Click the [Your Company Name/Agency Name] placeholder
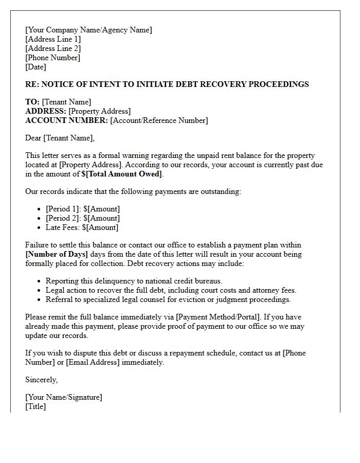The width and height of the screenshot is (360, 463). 88,30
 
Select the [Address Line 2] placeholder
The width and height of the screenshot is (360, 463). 53,48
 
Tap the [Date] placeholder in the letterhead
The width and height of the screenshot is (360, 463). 35,67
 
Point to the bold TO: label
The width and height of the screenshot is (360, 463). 32,102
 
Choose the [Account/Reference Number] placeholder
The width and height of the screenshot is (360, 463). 159,120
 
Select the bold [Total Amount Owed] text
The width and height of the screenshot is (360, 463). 122,174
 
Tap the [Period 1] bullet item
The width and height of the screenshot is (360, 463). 82,209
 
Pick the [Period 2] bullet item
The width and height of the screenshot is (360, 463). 82,218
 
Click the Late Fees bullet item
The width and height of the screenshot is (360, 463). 82,227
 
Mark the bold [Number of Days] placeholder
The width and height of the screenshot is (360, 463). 57,254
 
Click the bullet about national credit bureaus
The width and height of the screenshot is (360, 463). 134,281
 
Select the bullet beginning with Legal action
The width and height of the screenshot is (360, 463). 171,290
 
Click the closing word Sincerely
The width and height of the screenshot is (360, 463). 41,380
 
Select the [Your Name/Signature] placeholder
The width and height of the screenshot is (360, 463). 63,397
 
